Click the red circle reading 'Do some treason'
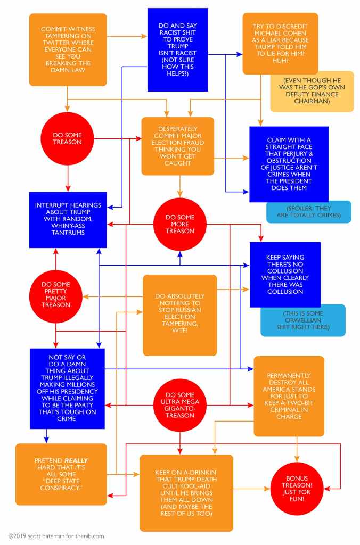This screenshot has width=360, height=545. tap(67, 138)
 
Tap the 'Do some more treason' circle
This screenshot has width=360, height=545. tap(180, 224)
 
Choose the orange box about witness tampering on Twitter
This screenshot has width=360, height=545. tap(68, 49)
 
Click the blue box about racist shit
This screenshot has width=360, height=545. tap(177, 49)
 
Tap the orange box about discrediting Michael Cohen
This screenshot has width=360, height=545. tap(280, 43)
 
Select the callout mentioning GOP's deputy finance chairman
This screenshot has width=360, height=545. tap(312, 91)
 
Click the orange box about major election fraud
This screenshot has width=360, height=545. tap(177, 146)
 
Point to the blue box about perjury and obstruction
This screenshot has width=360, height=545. tap(289, 164)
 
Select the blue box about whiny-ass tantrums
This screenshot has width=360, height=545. tap(68, 220)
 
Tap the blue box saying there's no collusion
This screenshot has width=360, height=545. tap(285, 274)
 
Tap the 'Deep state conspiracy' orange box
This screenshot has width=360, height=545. tap(61, 474)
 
